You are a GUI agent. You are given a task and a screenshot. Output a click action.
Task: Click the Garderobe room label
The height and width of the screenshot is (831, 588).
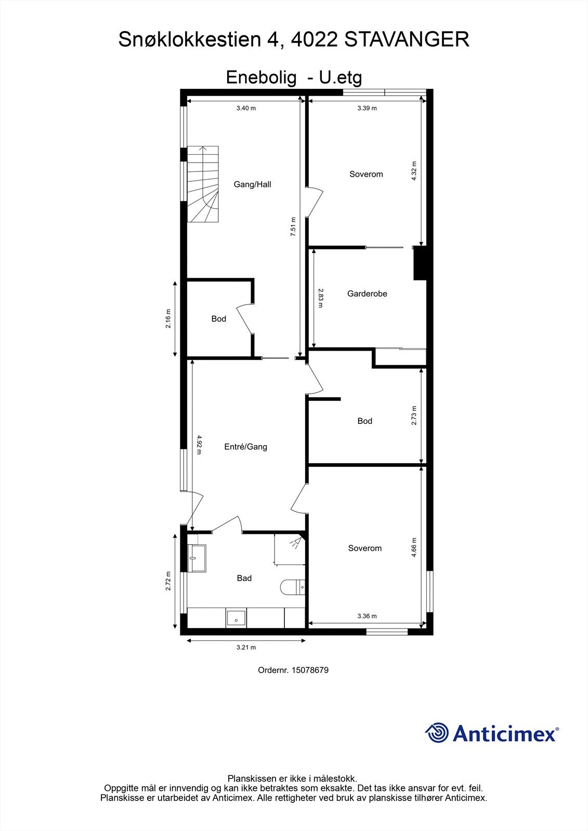[367, 293]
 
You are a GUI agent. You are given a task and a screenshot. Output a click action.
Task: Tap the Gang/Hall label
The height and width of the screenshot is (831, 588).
[252, 184]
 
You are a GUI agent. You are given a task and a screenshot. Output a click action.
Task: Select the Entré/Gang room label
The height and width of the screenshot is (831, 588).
[245, 447]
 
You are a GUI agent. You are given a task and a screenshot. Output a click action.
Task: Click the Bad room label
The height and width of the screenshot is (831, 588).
[244, 578]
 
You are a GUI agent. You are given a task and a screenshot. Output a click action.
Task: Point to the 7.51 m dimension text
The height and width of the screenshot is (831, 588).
[293, 227]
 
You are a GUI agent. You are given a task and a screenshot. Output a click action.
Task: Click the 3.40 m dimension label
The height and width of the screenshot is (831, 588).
[246, 109]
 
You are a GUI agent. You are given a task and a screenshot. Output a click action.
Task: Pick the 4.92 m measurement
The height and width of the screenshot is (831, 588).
[199, 445]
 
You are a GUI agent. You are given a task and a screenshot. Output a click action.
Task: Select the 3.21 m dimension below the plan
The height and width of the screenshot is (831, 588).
[246, 648]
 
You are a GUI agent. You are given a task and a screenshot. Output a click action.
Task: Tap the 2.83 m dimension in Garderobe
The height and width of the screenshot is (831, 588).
[320, 298]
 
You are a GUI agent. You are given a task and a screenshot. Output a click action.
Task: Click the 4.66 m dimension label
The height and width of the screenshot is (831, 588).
[414, 547]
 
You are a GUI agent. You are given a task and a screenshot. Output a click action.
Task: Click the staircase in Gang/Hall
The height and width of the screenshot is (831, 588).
[203, 184]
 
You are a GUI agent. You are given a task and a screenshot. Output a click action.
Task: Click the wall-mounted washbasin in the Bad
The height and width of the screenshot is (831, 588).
[197, 558]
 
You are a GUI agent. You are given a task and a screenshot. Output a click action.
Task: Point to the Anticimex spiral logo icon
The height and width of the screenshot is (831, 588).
[437, 733]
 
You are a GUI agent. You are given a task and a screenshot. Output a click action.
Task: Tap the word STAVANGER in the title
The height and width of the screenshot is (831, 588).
[407, 39]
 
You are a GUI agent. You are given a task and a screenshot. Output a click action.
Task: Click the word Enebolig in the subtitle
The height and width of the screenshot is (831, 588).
[261, 78]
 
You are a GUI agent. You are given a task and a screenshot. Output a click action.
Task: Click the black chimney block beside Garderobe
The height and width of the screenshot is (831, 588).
[420, 263]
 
